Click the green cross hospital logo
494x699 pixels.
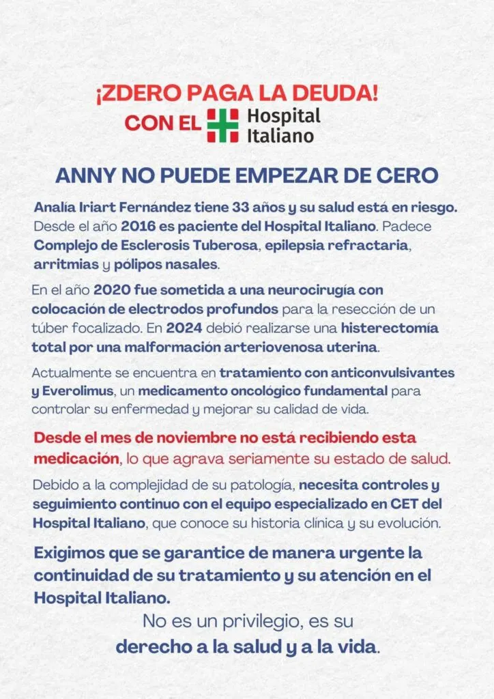pyautogui.click(x=222, y=125)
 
